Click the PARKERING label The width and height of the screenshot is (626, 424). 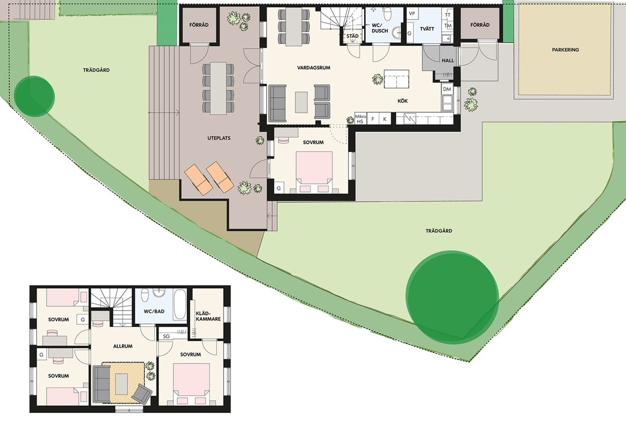pos(565,50)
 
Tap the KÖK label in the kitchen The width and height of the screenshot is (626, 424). pos(402,101)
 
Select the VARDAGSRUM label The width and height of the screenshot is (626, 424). pos(314,68)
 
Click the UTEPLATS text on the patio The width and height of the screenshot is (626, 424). pos(219,138)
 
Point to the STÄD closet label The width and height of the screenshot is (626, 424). pos(353,36)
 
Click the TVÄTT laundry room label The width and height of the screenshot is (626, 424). pos(427,29)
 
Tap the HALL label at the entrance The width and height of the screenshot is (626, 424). pos(448,61)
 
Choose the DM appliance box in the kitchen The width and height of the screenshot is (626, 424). pos(447,89)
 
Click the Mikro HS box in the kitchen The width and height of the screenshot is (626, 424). pos(360,119)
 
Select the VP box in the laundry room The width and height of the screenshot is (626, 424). pos(412,14)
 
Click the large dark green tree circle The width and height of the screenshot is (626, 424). pos(452,297)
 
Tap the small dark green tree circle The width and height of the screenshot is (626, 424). pos(34,96)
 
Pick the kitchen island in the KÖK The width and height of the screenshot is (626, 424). pos(396,79)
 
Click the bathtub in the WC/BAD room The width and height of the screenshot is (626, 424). pos(179,305)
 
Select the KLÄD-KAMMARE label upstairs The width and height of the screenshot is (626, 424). pos(208,316)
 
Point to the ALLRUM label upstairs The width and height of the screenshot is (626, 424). pos(123,346)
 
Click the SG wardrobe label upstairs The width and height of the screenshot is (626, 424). pos(166,336)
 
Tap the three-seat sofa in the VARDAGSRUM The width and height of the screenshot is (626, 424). pos(278,103)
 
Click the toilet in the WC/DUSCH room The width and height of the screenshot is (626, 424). pos(388,14)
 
